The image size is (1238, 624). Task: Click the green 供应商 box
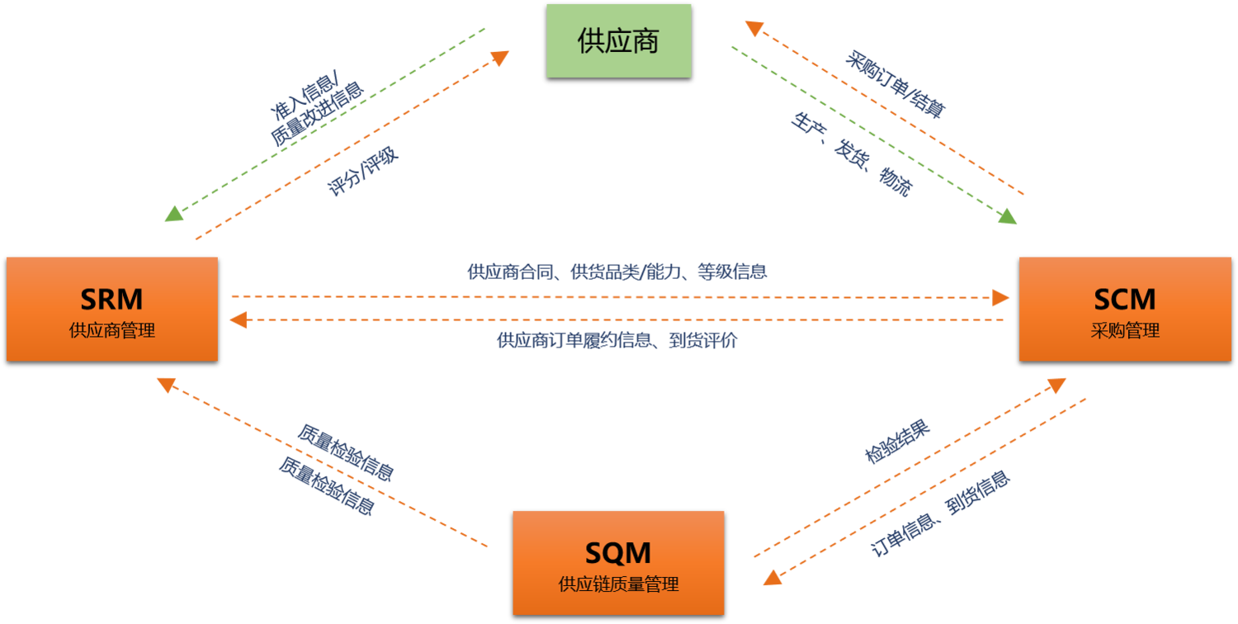tap(618, 40)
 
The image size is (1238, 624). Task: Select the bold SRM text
tap(111, 298)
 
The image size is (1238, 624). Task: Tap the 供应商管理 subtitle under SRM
tap(111, 331)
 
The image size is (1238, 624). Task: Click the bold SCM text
tap(1124, 298)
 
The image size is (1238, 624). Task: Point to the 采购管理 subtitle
tap(1124, 331)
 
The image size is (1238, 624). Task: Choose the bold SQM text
tap(617, 552)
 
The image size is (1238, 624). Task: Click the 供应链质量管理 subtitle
tap(617, 585)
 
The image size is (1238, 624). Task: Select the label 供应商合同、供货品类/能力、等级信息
tap(617, 272)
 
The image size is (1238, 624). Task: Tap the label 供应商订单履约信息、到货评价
tap(617, 340)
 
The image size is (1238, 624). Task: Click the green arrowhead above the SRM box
tap(172, 215)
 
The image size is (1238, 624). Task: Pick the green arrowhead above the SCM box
tap(1008, 217)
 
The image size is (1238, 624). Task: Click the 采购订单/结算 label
tap(895, 81)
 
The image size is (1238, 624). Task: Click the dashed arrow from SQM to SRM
tap(322, 462)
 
